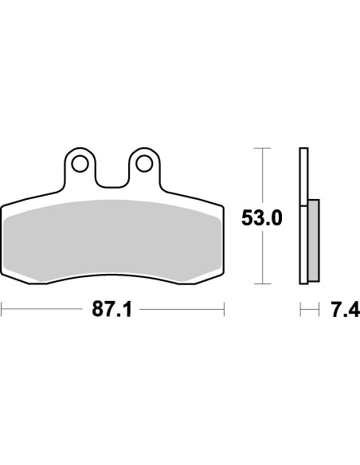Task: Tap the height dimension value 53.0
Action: coord(262,217)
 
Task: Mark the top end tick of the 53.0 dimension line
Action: coord(262,148)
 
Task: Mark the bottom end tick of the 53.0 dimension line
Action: coord(262,283)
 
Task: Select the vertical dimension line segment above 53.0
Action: coord(262,175)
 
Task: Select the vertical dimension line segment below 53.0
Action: coord(262,259)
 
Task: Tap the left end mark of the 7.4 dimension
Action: coord(299,309)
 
